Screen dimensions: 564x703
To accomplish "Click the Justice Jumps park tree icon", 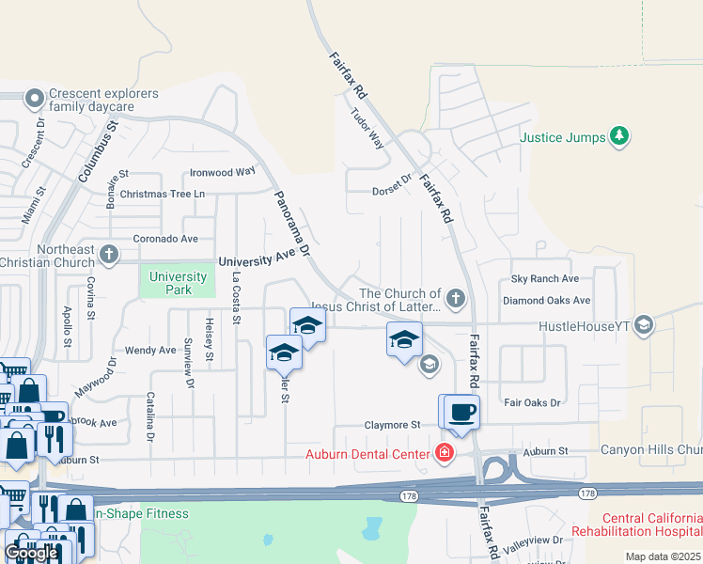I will click(x=618, y=137).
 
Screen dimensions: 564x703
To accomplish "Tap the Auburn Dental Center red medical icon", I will click(x=444, y=454).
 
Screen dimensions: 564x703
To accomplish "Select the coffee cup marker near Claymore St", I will click(x=461, y=412).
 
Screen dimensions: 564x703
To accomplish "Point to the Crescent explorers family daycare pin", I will click(x=35, y=98).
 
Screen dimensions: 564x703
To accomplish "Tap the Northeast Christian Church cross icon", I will click(x=109, y=254).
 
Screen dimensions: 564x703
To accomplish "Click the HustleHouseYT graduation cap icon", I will click(x=644, y=325).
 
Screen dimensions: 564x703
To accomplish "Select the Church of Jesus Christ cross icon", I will click(x=455, y=299).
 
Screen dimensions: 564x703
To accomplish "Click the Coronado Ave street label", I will click(x=165, y=239).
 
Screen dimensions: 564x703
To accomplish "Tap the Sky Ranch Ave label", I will click(x=545, y=279).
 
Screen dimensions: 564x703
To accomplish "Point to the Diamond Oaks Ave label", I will click(x=546, y=301).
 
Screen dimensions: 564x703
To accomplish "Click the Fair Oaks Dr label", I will click(x=532, y=402).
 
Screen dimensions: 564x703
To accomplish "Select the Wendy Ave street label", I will click(x=150, y=351).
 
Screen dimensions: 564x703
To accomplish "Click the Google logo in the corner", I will click(x=31, y=553).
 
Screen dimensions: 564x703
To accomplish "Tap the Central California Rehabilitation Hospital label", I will click(x=648, y=525).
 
